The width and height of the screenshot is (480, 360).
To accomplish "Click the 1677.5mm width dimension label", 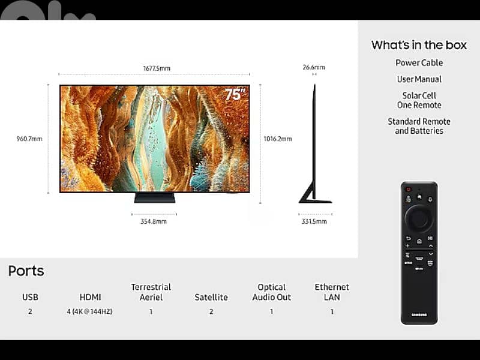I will point(156,68).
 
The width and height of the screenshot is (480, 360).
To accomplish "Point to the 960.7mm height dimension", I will point(29,139).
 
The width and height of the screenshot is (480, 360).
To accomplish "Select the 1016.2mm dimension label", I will point(278,139).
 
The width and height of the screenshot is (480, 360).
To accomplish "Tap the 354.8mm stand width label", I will point(154,221).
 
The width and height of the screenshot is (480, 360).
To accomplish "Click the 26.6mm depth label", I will point(314,67).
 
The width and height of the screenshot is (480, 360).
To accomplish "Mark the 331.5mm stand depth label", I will point(314,221).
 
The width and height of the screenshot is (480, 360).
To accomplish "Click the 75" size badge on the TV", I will point(235,94).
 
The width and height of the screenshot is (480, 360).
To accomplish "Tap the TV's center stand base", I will point(154,197).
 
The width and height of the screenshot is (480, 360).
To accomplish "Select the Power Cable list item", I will point(419,63).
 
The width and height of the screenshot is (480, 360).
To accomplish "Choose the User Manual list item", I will point(419,79).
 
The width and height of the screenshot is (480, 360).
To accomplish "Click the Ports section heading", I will point(26,271).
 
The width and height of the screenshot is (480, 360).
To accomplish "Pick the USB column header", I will point(30,297).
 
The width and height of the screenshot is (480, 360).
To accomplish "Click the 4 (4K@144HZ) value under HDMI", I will point(90,311).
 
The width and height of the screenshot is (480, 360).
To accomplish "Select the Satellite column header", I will point(211,297).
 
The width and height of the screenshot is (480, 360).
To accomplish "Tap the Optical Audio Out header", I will point(272,292).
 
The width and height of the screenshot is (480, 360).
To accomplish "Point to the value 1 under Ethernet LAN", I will point(332,311).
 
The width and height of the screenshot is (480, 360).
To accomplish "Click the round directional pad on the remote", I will point(419,218).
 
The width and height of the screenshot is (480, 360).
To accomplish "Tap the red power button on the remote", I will point(408,190).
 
